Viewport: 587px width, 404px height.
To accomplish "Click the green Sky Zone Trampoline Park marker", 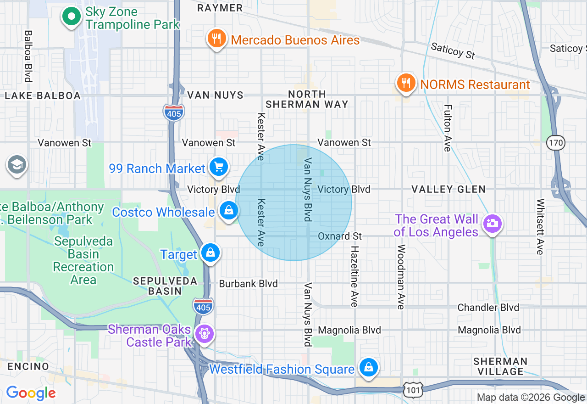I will (71, 17).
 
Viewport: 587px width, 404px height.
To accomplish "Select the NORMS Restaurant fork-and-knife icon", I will (406, 83).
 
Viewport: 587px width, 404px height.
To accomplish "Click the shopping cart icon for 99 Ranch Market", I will (219, 167).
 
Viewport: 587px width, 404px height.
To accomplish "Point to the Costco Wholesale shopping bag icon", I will (228, 211).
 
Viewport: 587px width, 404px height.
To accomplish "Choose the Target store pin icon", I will (210, 252).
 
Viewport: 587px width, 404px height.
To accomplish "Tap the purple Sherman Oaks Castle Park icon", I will (204, 333).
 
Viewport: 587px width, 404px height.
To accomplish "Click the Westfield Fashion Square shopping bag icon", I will (368, 367).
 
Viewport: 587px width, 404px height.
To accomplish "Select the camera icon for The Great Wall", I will (493, 224).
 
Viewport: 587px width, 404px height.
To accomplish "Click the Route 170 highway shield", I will (555, 143).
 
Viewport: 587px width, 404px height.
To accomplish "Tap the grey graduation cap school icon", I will (17, 164).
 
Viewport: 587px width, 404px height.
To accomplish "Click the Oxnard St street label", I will (340, 236).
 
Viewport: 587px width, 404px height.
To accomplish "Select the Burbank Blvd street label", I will (248, 284).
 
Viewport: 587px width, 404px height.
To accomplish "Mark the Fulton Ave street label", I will (448, 128).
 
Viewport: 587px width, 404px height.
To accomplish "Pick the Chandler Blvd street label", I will (488, 307).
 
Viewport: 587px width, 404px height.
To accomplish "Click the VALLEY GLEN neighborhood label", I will (448, 189).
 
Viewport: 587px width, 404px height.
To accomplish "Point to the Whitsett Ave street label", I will (540, 226).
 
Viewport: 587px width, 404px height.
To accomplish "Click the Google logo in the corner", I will (31, 393).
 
